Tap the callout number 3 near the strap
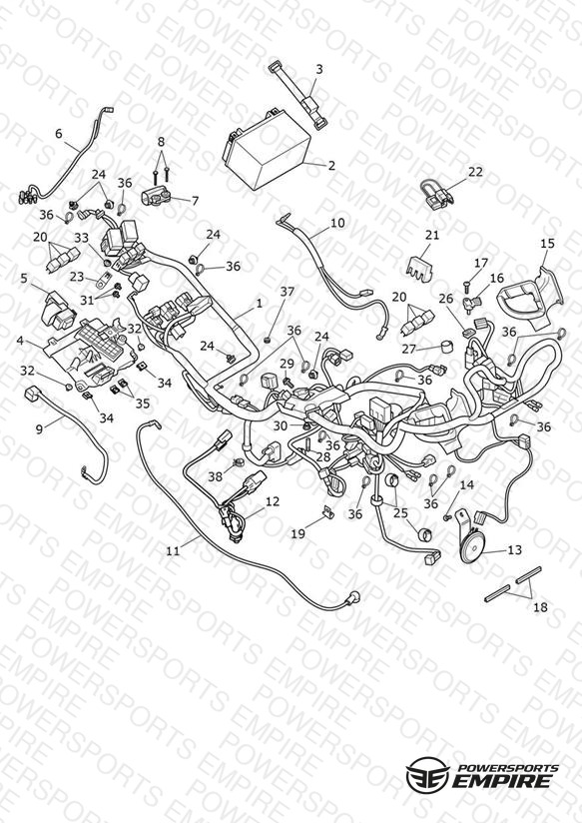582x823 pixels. click(x=319, y=69)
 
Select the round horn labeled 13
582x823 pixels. click(x=468, y=541)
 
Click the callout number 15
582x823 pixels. click(x=547, y=243)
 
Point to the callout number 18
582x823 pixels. click(x=540, y=607)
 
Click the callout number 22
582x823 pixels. click(x=475, y=172)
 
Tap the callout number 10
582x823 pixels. click(x=337, y=223)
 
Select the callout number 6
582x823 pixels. click(x=58, y=134)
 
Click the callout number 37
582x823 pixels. click(x=288, y=292)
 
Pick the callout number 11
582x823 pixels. click(x=173, y=550)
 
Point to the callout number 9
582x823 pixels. click(x=39, y=428)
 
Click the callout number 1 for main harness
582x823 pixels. click(x=259, y=304)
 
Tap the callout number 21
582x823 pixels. click(x=432, y=235)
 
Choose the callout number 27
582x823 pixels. click(x=409, y=349)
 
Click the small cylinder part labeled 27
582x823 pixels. click(x=448, y=348)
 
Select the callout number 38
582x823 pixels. click(x=216, y=476)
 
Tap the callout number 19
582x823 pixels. click(x=298, y=533)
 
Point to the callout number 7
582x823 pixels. click(x=196, y=201)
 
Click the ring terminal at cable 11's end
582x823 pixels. click(x=354, y=596)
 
